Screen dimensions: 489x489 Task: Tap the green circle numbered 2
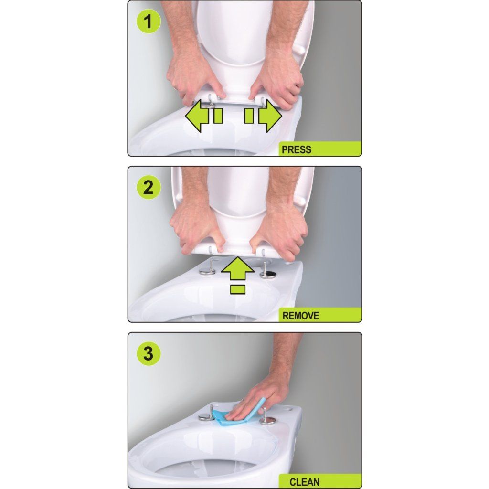coord(149,187)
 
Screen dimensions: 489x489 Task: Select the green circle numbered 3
coord(149,353)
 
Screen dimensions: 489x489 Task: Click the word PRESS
coord(296,149)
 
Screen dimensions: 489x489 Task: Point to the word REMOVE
coord(301,316)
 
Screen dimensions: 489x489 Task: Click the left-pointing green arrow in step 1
coord(197,116)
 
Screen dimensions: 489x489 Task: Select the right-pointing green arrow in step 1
coord(270,116)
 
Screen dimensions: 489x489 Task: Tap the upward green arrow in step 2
coord(238,268)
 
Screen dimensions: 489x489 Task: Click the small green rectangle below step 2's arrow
coord(238,289)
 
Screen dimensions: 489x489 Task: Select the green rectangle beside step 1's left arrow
coord(218,116)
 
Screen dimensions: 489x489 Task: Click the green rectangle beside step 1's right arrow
coord(249,116)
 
